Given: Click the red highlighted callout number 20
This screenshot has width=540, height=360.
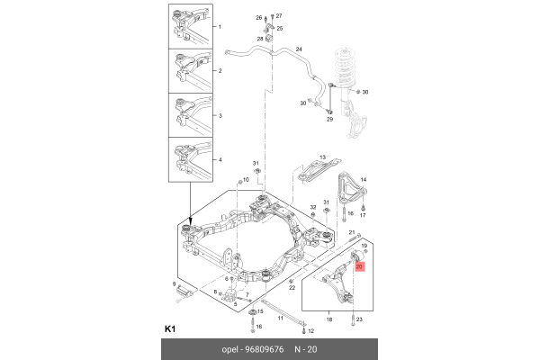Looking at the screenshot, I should coord(359,267).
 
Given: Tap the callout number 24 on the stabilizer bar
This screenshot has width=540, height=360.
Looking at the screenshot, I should coord(298,48).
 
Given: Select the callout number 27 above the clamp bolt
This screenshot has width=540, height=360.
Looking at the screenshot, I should coord(278,17).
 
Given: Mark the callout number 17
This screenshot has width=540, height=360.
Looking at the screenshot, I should coord(363,216).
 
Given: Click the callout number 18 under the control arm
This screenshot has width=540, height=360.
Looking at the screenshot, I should coord(330,319).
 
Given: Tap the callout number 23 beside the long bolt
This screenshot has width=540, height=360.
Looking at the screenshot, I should coord(359,320).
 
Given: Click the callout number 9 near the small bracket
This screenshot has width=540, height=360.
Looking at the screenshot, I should coord(175,284).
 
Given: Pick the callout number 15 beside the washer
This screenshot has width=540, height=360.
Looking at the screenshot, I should coord(261,312).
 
